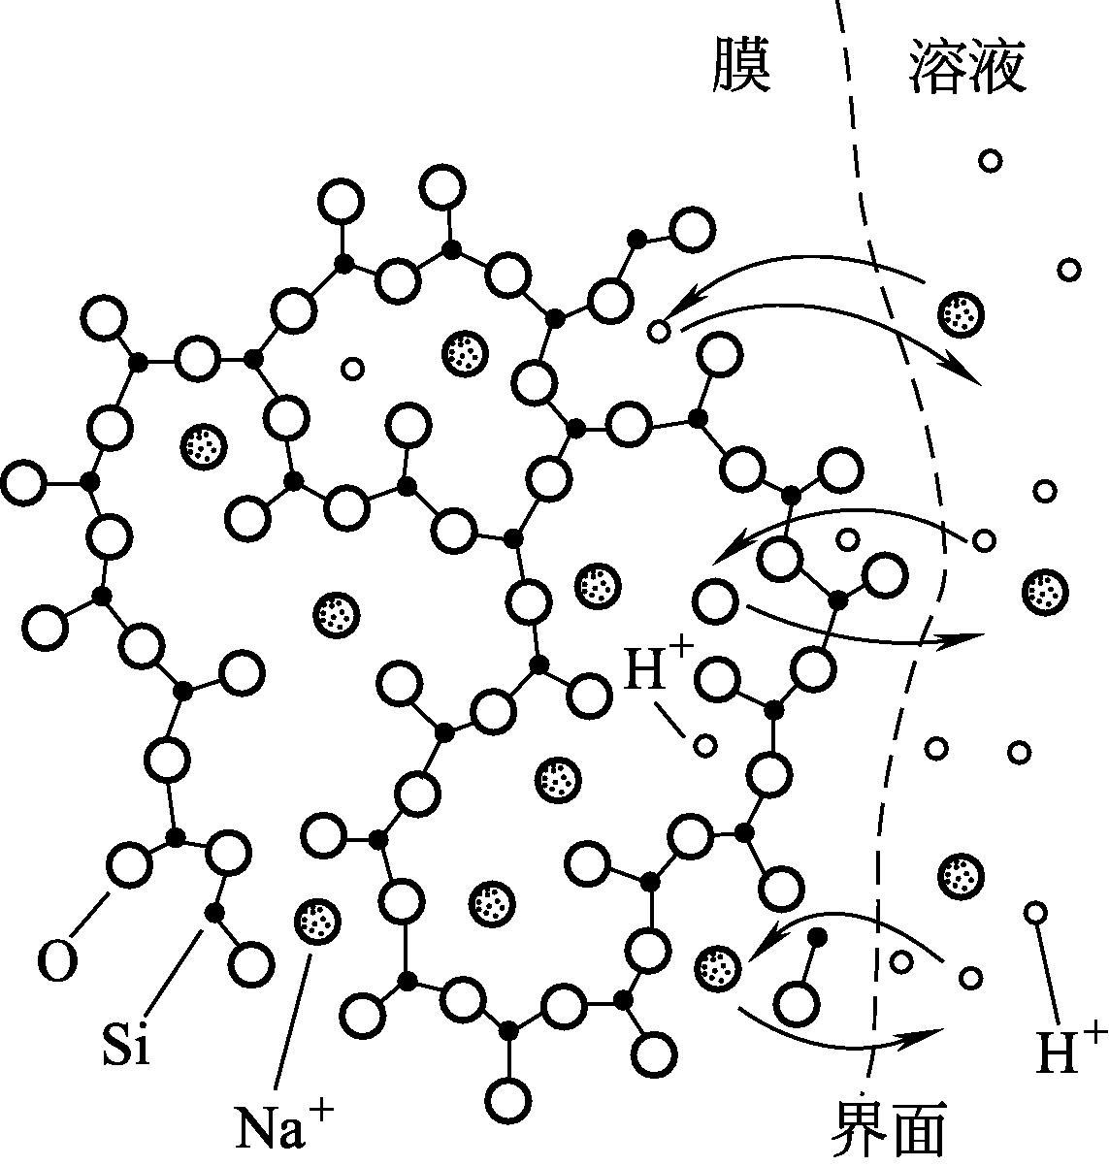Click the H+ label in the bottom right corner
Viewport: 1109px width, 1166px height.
point(1070,1052)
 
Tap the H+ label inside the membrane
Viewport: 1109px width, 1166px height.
point(657,669)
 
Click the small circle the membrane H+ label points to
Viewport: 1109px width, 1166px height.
point(705,745)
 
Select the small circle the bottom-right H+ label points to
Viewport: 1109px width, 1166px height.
point(1035,912)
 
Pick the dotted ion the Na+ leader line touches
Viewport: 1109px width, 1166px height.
point(316,919)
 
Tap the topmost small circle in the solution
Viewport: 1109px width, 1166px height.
point(990,160)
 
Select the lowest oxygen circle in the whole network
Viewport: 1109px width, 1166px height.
point(508,1100)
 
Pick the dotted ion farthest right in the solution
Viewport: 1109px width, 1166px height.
point(1046,590)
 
